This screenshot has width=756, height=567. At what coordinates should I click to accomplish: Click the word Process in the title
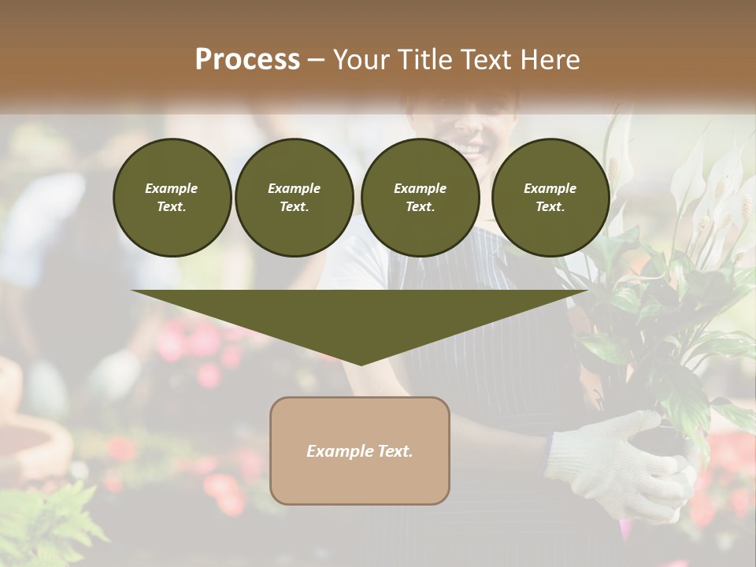[x=247, y=60]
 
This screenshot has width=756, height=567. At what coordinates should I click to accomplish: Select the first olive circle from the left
[x=172, y=198]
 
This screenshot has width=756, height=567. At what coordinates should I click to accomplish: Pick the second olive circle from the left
[x=294, y=198]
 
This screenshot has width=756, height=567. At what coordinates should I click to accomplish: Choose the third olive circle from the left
[x=420, y=198]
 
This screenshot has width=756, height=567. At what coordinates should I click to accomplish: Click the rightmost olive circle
[x=550, y=198]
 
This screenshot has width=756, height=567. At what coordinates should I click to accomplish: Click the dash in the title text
[x=317, y=60]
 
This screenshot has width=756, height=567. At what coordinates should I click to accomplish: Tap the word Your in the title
[x=362, y=60]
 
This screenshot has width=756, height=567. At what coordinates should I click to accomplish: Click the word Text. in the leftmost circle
[x=172, y=207]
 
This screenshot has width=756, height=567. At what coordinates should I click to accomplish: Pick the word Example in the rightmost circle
[x=550, y=188]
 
